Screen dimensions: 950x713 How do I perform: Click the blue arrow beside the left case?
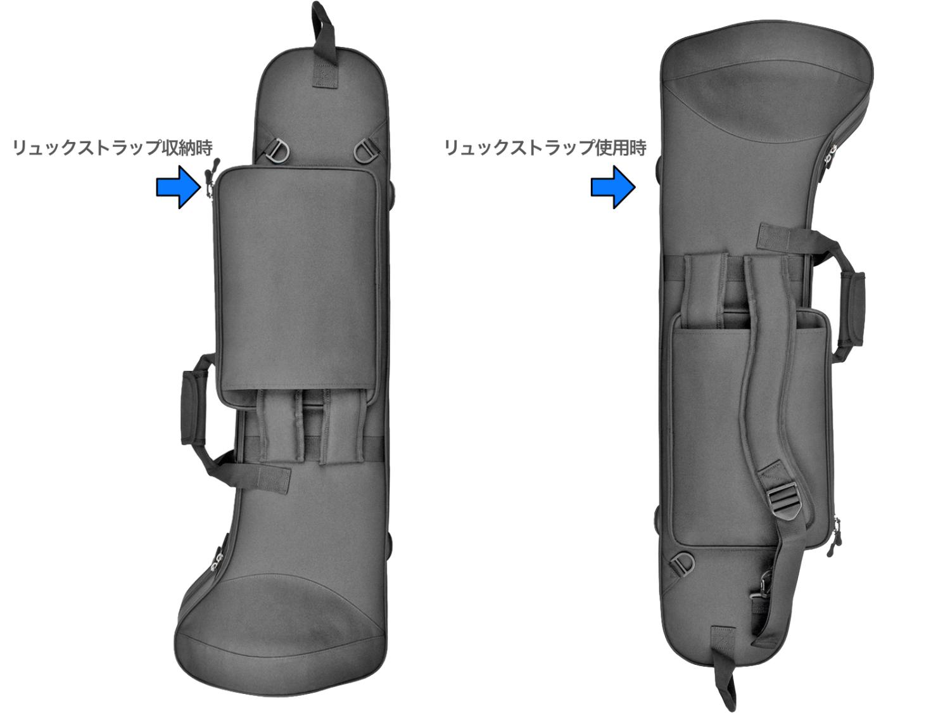tap(179, 187)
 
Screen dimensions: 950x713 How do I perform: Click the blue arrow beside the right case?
tap(613, 187)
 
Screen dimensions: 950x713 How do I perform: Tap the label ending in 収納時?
tap(113, 148)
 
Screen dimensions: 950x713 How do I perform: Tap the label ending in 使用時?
tap(545, 148)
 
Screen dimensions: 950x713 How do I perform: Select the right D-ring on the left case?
tap(365, 150)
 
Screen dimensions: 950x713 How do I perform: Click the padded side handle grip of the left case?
tap(191, 407)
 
